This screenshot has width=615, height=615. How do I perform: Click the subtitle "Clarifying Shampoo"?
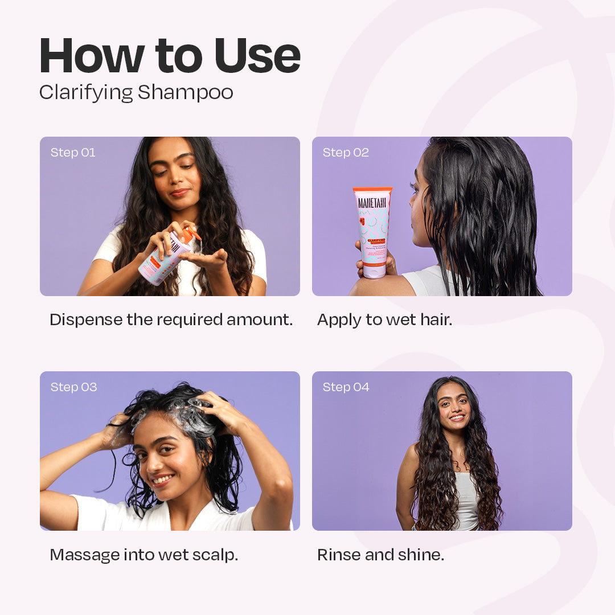pyautogui.click(x=136, y=92)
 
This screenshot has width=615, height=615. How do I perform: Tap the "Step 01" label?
pyautogui.click(x=73, y=153)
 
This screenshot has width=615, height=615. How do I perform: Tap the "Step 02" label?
pyautogui.click(x=346, y=153)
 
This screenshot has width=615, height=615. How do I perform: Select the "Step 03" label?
pyautogui.click(x=73, y=387)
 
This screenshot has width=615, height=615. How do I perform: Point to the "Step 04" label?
pyautogui.click(x=346, y=387)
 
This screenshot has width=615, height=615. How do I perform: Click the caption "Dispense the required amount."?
pyautogui.click(x=171, y=319)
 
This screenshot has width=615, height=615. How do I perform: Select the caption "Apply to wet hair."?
pyautogui.click(x=384, y=319)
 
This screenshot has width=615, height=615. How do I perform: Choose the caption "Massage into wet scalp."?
pyautogui.click(x=143, y=555)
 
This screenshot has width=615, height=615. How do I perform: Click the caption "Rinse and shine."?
pyautogui.click(x=380, y=555)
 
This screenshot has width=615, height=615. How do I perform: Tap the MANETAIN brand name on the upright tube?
pyautogui.click(x=372, y=202)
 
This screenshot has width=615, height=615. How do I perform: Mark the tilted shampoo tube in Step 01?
pyautogui.click(x=165, y=259)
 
